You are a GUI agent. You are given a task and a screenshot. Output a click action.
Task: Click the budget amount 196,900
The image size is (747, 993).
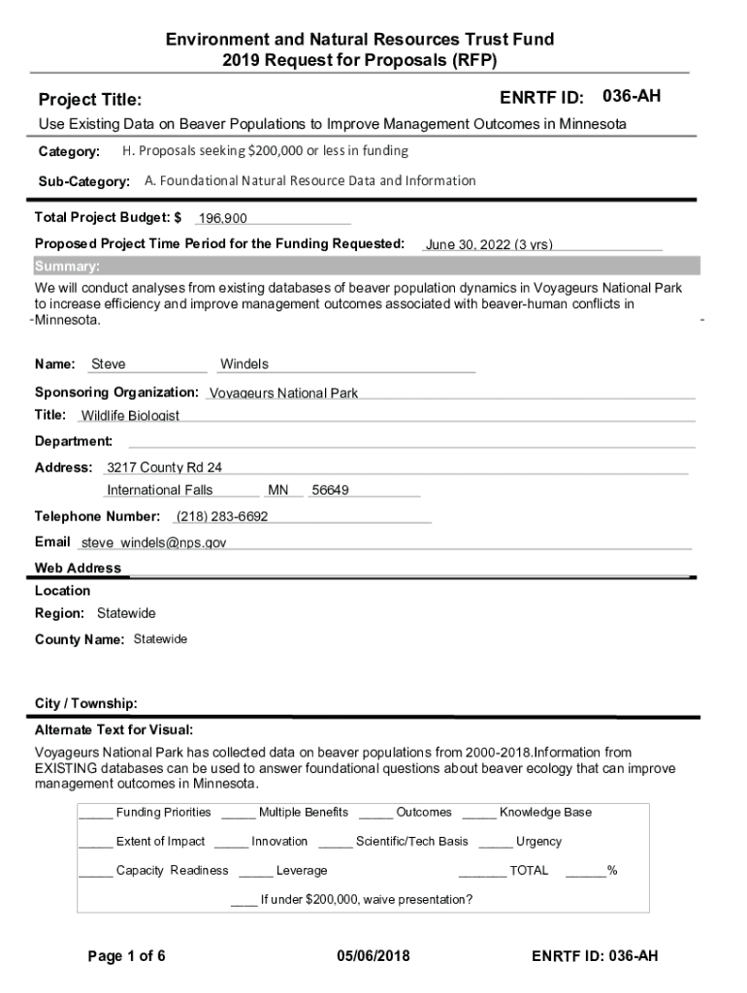coord(222,218)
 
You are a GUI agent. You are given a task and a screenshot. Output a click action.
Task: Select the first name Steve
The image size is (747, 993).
coord(108,365)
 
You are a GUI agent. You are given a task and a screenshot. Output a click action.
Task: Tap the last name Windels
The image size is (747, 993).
coord(244,365)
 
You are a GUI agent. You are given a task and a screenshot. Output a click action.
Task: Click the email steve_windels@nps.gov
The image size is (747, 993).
coord(153,543)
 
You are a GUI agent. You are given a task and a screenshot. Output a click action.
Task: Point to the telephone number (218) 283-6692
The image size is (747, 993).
coord(222,516)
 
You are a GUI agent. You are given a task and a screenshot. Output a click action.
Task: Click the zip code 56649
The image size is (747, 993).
coord(330,490)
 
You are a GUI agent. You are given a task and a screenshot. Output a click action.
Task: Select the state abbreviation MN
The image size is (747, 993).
coord(278,490)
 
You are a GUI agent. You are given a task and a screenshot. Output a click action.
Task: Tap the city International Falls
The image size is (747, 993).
coord(160,490)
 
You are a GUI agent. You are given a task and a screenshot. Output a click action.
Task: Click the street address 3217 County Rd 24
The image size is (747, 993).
coord(164,467)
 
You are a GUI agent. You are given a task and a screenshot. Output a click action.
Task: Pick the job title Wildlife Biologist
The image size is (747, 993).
coord(130,416)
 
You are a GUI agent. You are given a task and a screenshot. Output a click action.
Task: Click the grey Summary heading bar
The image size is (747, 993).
coord(367,267)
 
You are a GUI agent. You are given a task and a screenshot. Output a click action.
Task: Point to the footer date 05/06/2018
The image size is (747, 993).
coord(373,956)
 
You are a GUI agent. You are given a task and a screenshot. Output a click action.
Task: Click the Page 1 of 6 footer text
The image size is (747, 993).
coord(127,956)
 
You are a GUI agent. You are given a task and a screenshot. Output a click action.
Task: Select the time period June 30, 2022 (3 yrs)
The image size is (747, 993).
coord(489,245)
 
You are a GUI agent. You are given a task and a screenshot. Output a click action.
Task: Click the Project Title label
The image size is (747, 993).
coord(90,100)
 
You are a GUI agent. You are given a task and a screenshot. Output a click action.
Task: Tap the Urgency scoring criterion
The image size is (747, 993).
coord(538,841)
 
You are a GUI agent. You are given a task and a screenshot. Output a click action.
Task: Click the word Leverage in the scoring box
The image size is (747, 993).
coord(302,870)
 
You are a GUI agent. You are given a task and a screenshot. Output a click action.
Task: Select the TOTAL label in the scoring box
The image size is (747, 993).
coord(529,870)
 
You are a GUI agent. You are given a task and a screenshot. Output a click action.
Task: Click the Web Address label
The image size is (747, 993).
coord(79,568)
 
